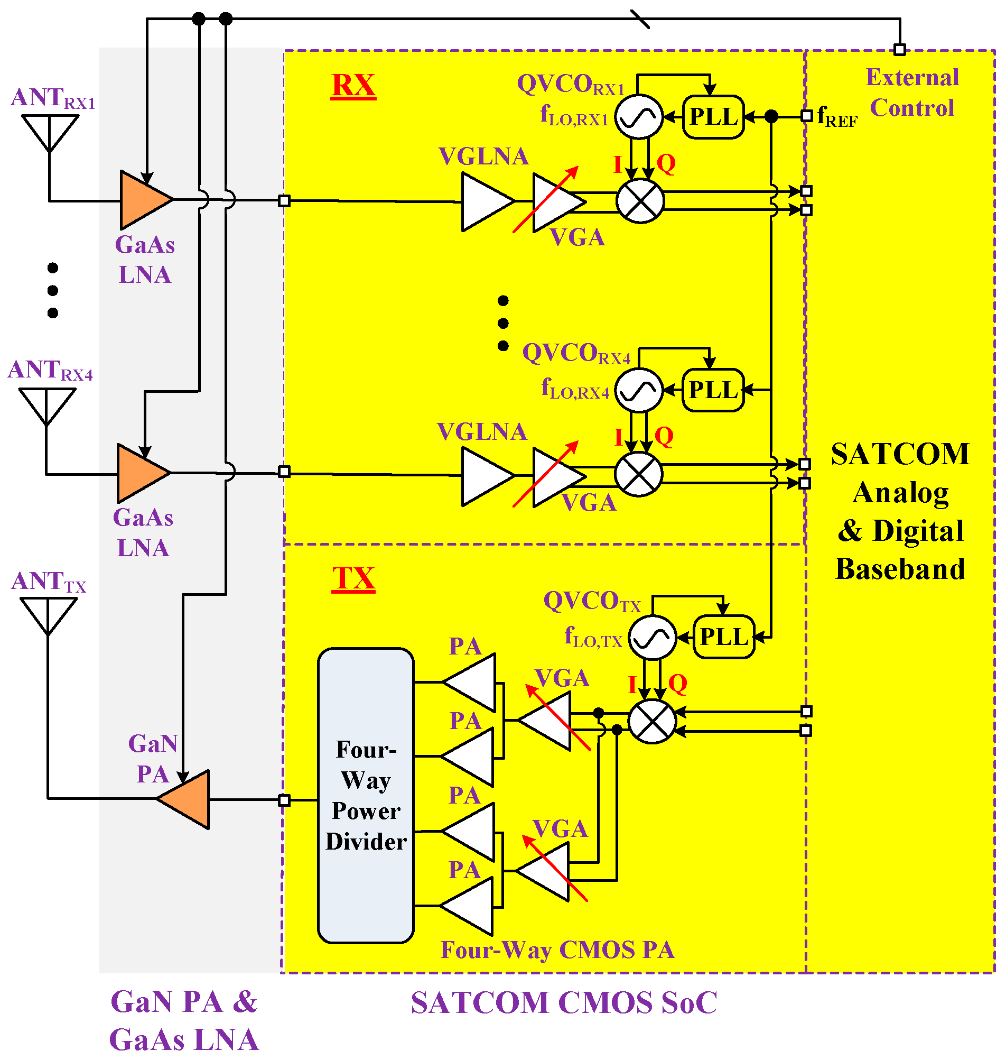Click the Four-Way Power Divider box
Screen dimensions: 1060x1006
tap(366, 796)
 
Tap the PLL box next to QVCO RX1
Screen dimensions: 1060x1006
tap(713, 117)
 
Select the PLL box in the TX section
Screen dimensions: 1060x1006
tap(724, 637)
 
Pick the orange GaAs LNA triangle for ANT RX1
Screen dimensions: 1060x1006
tap(142, 200)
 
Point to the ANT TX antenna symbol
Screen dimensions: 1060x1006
tap(48, 614)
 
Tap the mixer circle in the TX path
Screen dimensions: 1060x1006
tap(651, 722)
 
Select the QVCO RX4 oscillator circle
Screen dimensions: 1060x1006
tap(638, 391)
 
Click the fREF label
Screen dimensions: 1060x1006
tap(836, 117)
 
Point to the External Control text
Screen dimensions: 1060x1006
tap(911, 93)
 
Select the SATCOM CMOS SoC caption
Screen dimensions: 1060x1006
tap(564, 1003)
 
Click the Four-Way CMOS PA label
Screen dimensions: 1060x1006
tap(557, 950)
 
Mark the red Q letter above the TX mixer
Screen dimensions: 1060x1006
tap(677, 684)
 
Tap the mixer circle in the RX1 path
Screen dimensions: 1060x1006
tap(640, 201)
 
